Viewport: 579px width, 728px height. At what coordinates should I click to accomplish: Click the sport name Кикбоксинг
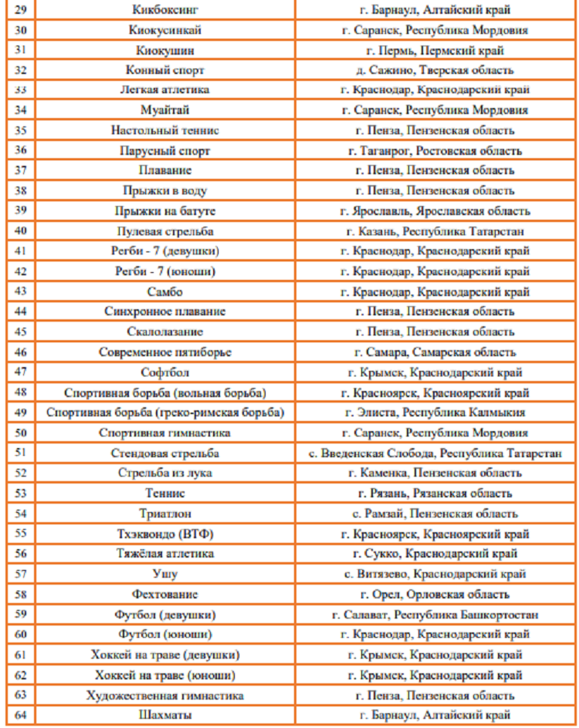coord(165,9)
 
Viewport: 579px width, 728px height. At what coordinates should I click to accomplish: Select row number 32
coord(21,69)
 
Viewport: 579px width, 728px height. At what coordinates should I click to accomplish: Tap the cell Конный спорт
coord(165,69)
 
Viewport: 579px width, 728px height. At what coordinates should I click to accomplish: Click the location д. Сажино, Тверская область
coord(435,69)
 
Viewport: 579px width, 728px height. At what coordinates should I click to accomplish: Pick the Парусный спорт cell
coord(165,150)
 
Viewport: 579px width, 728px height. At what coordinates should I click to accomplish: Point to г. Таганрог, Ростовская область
coord(435,150)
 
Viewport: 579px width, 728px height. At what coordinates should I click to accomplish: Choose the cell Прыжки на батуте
coord(165,210)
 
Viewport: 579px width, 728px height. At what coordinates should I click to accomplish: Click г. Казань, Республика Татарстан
coord(435,230)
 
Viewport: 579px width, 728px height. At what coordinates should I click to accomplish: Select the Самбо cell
coord(165,292)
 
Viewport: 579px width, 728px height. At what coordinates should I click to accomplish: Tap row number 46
coord(21,352)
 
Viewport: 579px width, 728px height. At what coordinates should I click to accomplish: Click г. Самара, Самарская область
coord(435,352)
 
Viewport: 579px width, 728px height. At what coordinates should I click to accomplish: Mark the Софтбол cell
coord(165,372)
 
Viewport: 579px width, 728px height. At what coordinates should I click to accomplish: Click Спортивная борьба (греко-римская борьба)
coord(165,412)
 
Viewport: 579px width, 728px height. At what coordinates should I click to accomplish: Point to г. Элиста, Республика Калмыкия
coord(435,412)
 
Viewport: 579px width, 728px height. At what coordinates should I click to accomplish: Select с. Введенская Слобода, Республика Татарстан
coord(435,453)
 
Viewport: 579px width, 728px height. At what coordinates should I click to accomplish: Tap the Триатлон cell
coord(165,513)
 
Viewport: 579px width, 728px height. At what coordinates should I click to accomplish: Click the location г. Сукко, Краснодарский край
coord(435,553)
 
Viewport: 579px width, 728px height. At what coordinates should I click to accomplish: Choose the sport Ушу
coord(165,574)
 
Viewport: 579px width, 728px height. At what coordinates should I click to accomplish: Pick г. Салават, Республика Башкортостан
coord(435,614)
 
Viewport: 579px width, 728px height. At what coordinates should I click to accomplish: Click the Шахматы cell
coord(165,715)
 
